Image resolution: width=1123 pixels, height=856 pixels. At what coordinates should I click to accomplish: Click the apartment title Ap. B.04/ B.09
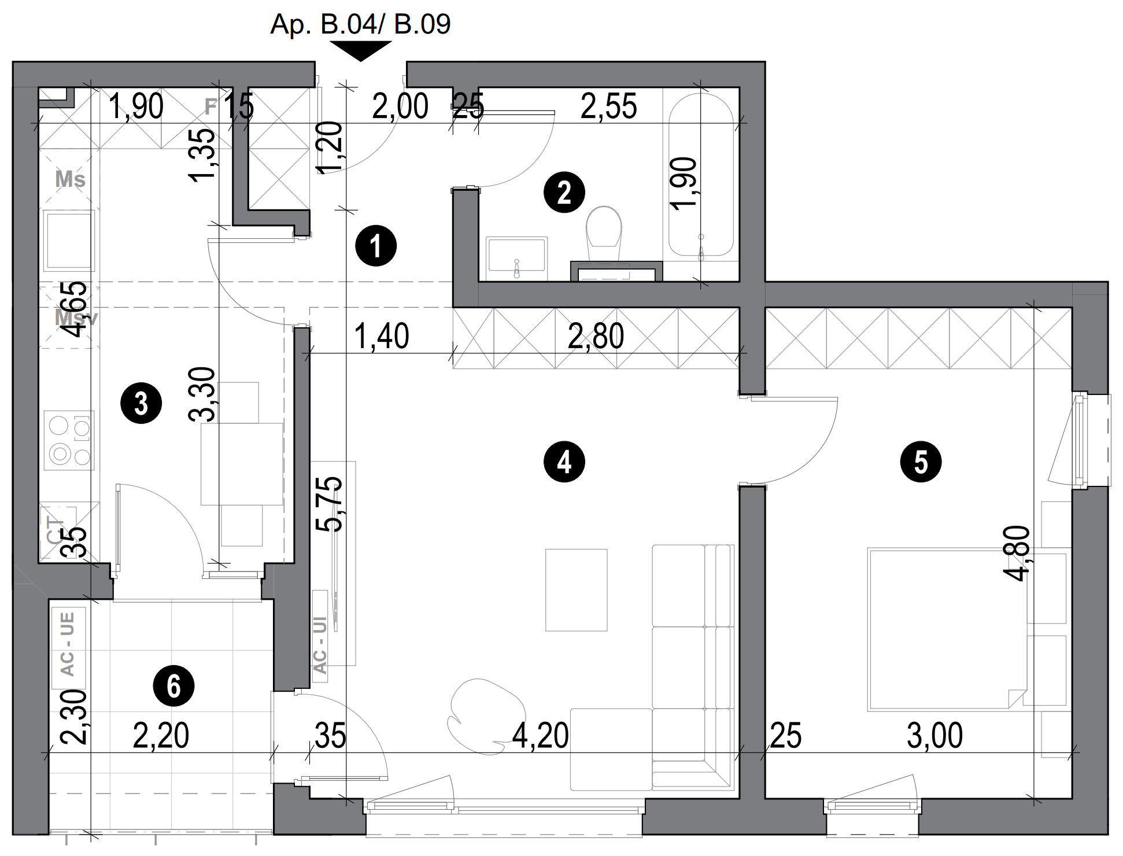pyautogui.click(x=360, y=25)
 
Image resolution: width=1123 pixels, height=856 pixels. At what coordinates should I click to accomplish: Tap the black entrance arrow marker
pyautogui.click(x=360, y=50)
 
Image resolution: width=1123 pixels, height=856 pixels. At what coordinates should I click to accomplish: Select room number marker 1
pyautogui.click(x=376, y=246)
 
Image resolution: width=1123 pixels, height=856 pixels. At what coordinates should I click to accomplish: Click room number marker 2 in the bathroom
pyautogui.click(x=564, y=192)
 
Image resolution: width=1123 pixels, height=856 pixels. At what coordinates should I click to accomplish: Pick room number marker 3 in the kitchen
pyautogui.click(x=141, y=403)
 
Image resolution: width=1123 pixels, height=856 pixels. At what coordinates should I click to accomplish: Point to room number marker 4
pyautogui.click(x=564, y=462)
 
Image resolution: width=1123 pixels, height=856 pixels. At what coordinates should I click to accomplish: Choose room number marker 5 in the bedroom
pyautogui.click(x=921, y=462)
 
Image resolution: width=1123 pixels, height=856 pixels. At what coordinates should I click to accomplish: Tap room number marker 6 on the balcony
pyautogui.click(x=173, y=687)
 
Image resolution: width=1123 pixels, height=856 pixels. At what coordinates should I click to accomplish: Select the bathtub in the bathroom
pyautogui.click(x=701, y=174)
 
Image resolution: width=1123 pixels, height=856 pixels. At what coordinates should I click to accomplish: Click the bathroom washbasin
pyautogui.click(x=516, y=254)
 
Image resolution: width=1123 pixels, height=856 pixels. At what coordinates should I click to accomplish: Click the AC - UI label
pyautogui.click(x=320, y=645)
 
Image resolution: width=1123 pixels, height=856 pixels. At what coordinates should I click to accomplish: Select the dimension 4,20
pyautogui.click(x=540, y=736)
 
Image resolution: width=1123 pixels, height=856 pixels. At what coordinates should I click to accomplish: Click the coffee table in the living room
pyautogui.click(x=576, y=589)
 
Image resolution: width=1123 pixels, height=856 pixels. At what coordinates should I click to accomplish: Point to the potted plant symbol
pyautogui.click(x=487, y=717)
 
